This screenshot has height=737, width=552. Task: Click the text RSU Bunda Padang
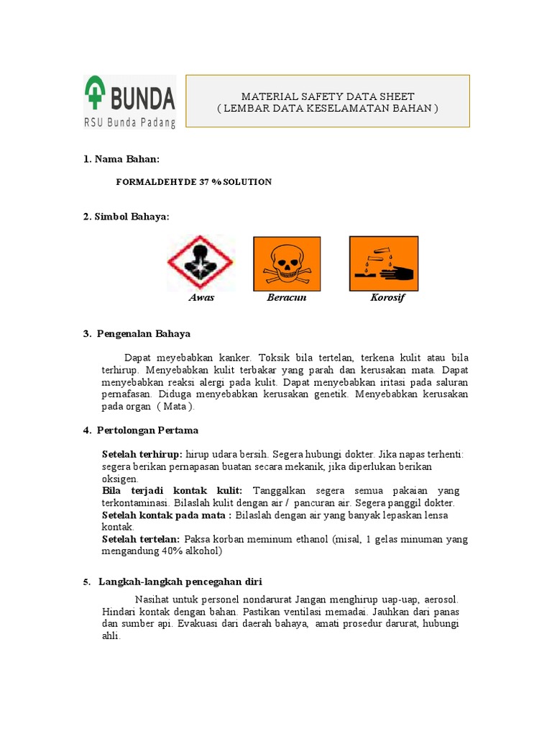click(x=130, y=122)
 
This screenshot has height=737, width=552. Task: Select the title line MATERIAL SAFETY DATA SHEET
click(x=328, y=96)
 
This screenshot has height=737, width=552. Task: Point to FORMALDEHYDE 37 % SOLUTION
click(x=193, y=182)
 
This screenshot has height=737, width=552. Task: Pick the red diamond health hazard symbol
click(x=201, y=263)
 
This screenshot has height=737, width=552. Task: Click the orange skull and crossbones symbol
click(x=287, y=263)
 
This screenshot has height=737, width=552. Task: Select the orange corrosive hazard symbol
click(x=383, y=263)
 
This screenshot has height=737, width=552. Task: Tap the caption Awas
click(x=201, y=297)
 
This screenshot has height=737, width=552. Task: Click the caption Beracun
click(x=287, y=297)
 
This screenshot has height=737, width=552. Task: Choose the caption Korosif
click(x=387, y=297)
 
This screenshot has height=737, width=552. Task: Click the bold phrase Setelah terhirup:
click(x=142, y=454)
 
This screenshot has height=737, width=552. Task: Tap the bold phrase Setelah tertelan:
click(x=141, y=539)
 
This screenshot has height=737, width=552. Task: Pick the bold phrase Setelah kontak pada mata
click(x=166, y=515)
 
